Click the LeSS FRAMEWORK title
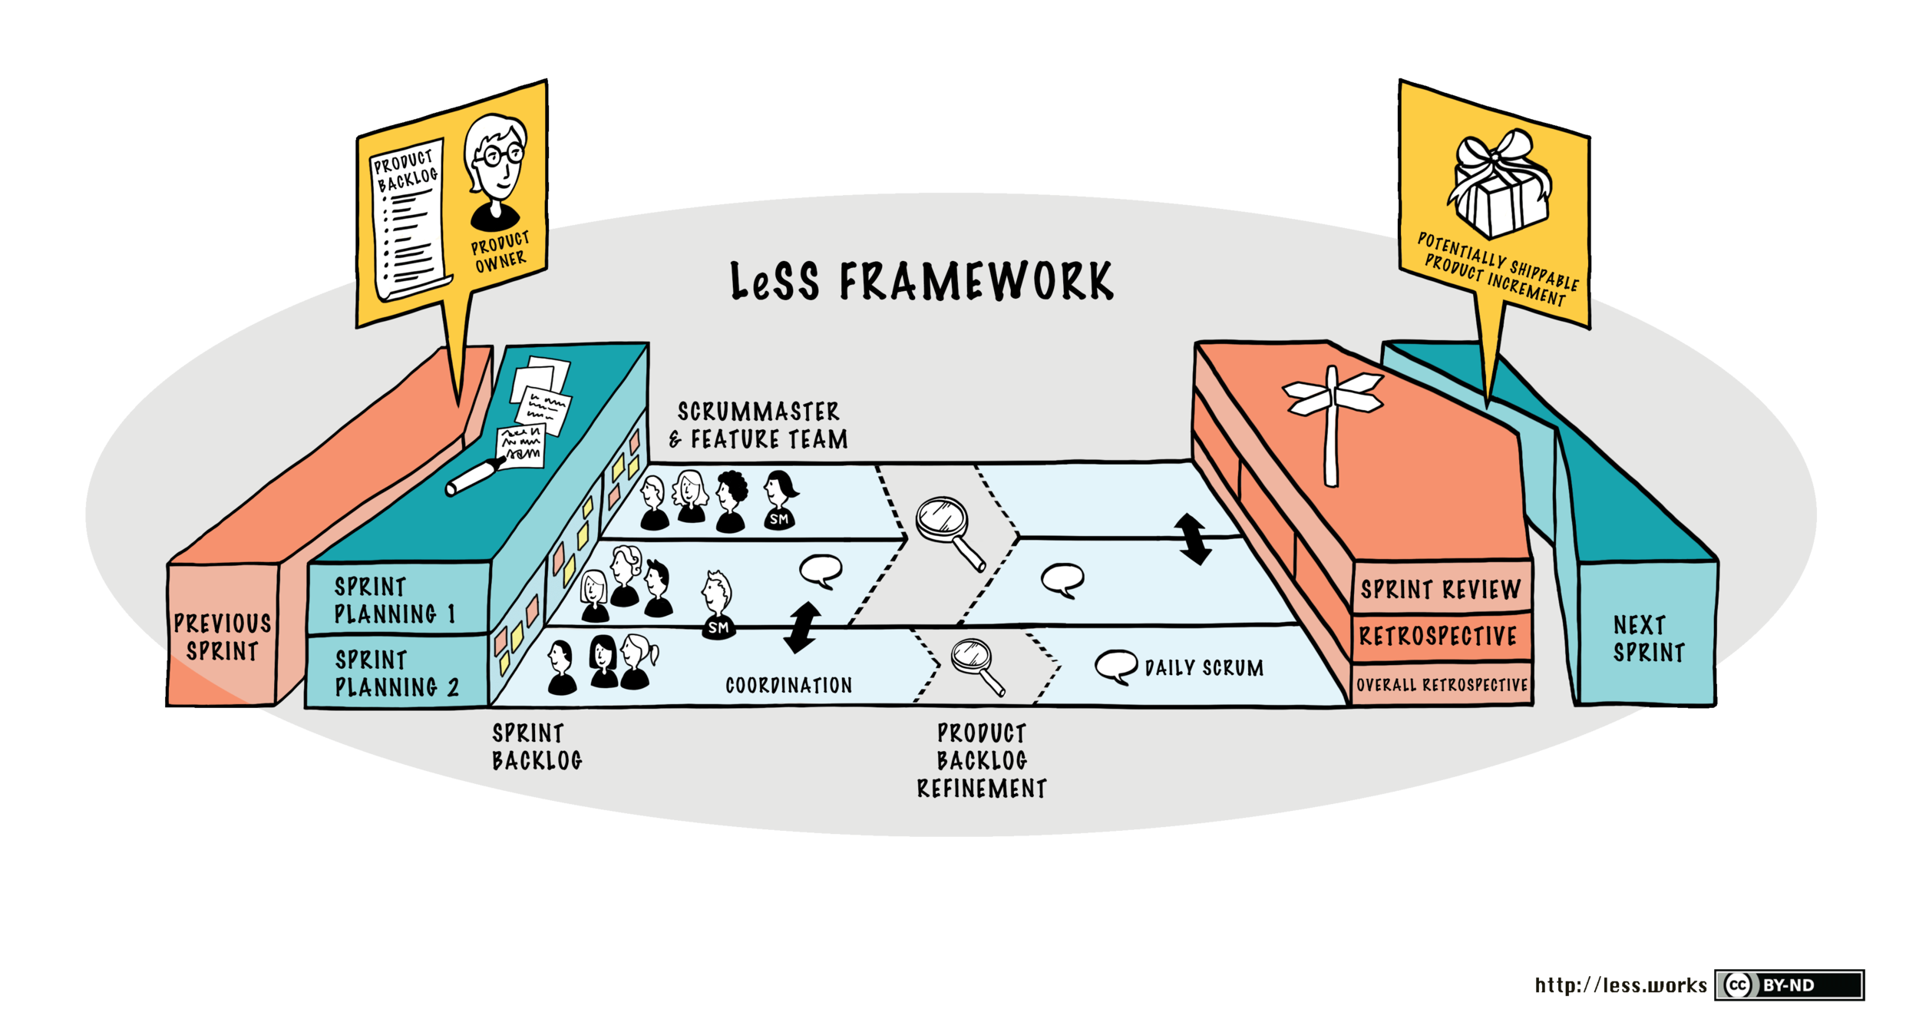point(921,281)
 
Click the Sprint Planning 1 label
point(395,600)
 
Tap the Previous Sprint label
point(223,637)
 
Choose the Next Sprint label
point(1648,639)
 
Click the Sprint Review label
point(1441,590)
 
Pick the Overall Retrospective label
point(1442,685)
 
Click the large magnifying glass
point(948,530)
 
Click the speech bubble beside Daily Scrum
point(1115,666)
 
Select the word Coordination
point(789,686)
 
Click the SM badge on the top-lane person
point(779,520)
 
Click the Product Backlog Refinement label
point(982,761)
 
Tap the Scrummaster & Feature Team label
point(758,425)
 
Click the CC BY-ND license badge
point(1789,985)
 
